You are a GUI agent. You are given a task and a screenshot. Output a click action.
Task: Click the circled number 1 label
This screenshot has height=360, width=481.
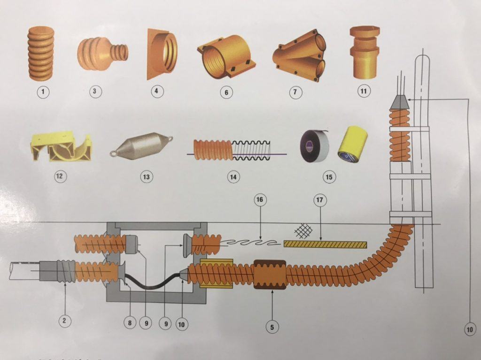(43, 92)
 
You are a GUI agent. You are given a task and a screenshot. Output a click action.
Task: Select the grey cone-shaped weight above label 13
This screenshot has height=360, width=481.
(141, 148)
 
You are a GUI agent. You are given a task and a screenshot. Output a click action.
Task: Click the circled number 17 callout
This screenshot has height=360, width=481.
(320, 199)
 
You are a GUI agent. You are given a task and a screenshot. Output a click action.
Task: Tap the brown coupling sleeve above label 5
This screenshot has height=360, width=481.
(270, 274)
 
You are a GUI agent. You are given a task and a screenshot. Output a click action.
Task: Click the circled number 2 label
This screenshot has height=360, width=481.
(65, 321)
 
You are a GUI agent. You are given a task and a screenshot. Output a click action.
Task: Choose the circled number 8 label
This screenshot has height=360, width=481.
(130, 322)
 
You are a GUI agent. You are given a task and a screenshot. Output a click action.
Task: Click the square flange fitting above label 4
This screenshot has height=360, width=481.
(161, 56)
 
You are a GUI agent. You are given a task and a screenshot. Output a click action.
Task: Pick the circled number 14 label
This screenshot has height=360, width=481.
(232, 177)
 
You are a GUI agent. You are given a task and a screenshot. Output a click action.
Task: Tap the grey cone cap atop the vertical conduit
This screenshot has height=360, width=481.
(399, 102)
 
